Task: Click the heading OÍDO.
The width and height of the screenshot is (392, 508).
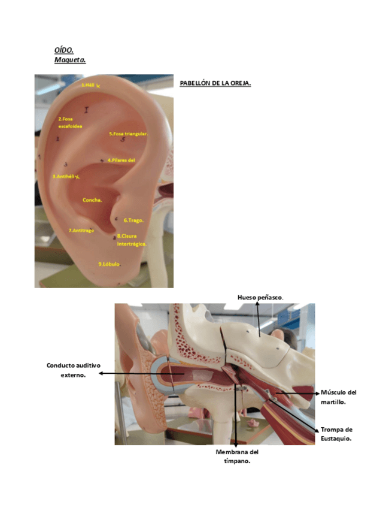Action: point(63,50)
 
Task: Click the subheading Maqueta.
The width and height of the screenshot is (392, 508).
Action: point(70,60)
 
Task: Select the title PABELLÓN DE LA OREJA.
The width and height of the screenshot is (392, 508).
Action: point(215,83)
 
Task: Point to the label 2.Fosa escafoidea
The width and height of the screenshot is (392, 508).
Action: point(70,123)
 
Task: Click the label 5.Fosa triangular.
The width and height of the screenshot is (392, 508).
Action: point(128,134)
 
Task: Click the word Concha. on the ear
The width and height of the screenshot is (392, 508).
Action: point(92,200)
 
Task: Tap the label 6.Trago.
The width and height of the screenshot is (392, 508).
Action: point(133,220)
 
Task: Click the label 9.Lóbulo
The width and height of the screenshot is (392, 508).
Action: point(109,264)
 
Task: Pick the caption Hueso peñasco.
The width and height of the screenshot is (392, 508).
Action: point(260,297)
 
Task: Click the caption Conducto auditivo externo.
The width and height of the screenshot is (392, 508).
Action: point(74,369)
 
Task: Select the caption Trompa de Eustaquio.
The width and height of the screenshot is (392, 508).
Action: point(336,434)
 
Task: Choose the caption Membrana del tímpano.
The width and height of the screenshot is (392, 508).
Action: point(237,456)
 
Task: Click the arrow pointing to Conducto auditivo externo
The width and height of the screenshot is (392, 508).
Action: point(138,373)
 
